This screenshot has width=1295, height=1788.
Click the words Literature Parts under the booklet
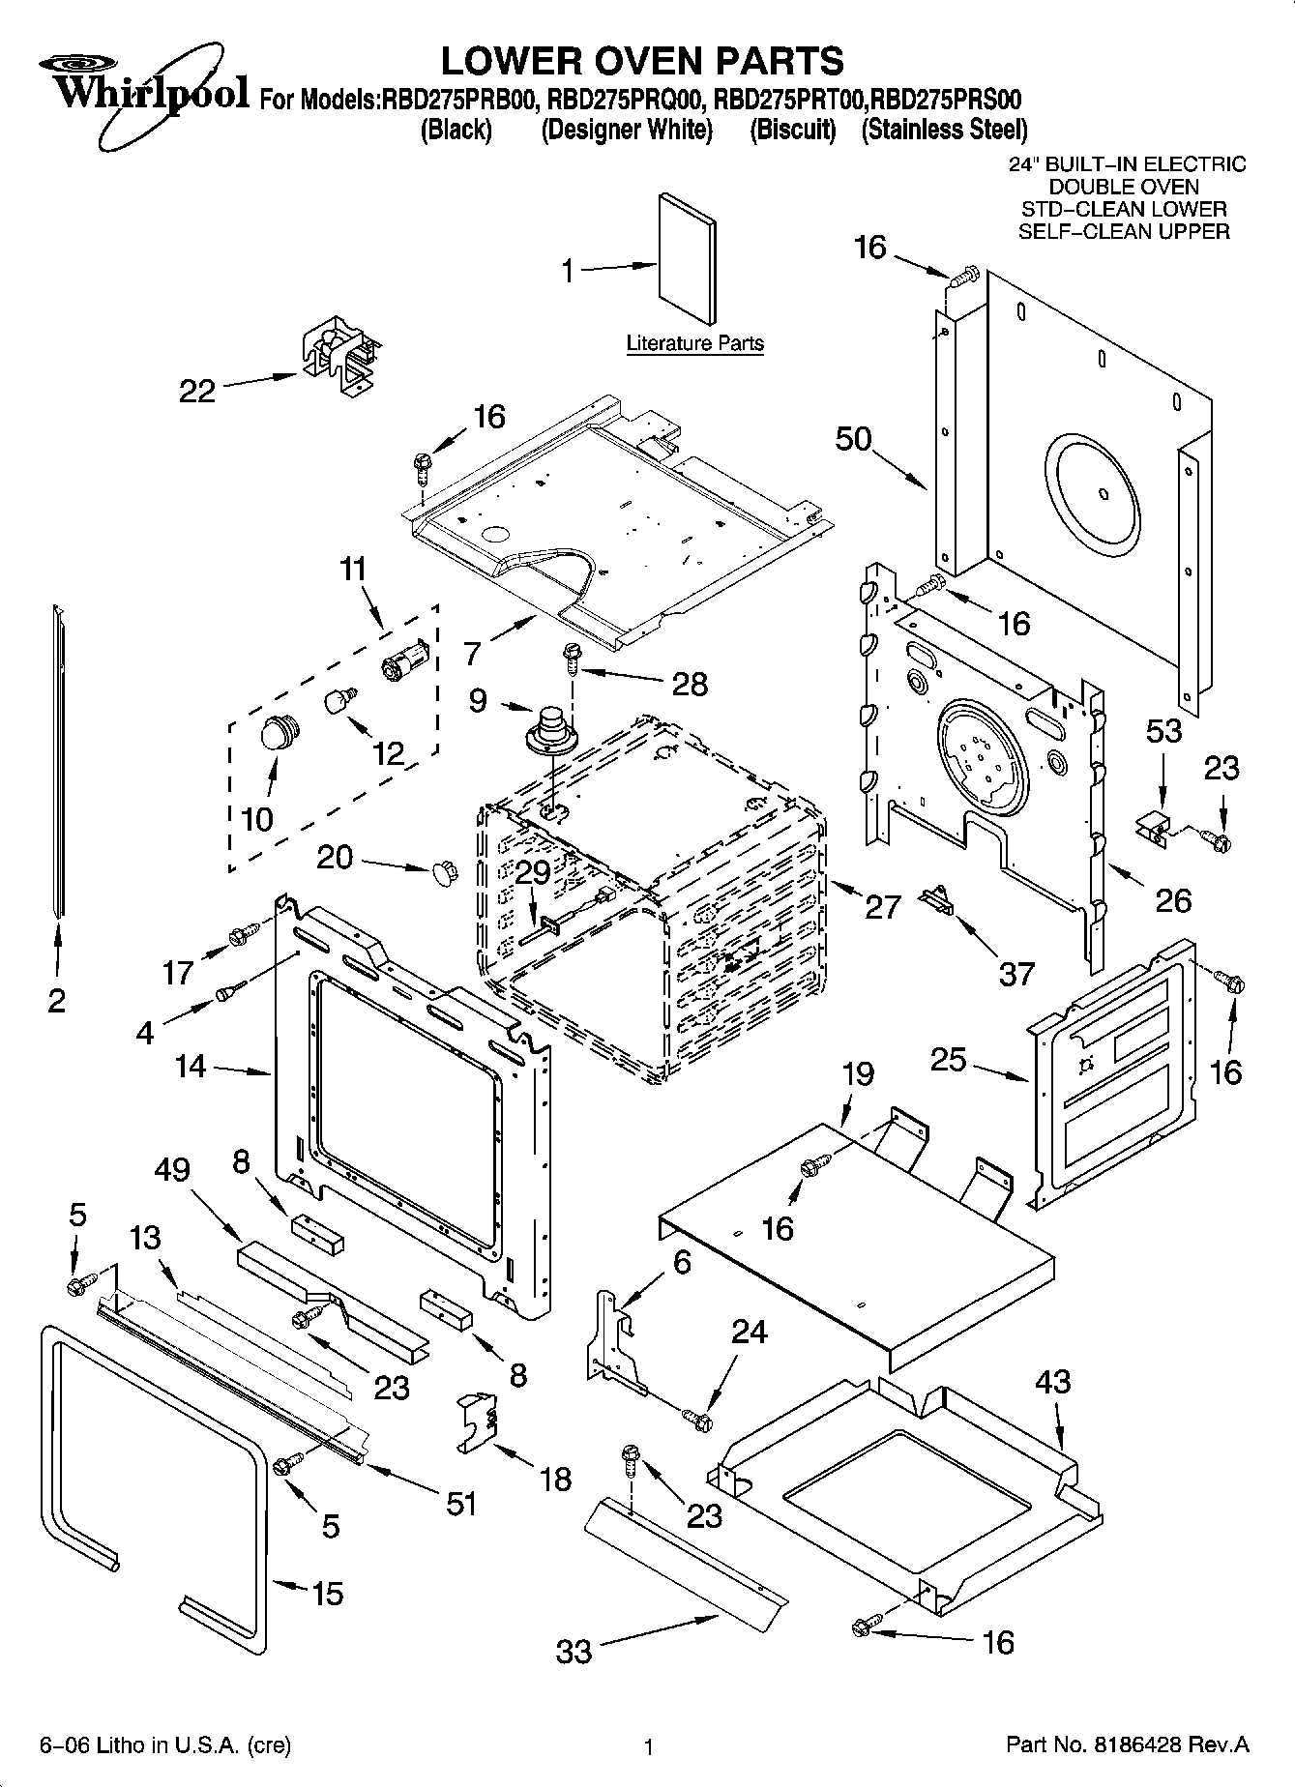[x=694, y=342]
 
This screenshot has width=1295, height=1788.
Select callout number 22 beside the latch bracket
[x=197, y=391]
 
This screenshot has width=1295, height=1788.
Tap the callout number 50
[x=854, y=439]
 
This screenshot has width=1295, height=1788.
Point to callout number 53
[x=1163, y=730]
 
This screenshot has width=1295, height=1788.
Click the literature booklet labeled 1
[x=688, y=258]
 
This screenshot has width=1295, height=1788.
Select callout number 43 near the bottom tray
[x=1053, y=1381]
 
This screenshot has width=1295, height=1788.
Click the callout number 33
[x=574, y=1650]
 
